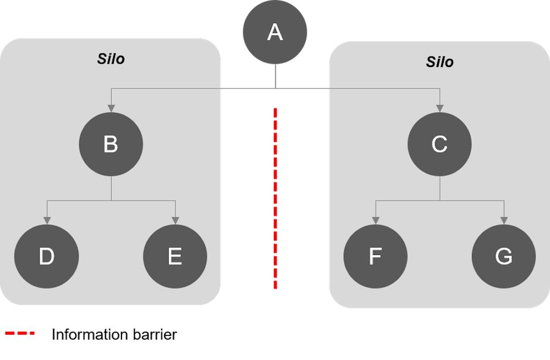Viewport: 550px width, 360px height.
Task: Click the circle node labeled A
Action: (x=275, y=32)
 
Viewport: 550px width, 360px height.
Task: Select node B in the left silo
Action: (x=111, y=144)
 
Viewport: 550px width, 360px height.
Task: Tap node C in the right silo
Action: (x=439, y=144)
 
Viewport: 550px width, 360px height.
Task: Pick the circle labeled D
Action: (x=47, y=256)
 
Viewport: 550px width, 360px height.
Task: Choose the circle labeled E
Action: (x=175, y=256)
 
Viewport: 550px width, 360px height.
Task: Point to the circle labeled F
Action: (x=375, y=256)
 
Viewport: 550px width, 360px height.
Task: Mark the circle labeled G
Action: (x=504, y=256)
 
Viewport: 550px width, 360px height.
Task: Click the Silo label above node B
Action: (x=111, y=59)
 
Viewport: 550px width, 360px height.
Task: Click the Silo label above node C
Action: (x=440, y=62)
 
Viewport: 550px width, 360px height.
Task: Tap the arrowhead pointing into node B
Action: (x=111, y=108)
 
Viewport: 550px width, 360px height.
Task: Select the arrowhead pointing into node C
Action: (x=440, y=108)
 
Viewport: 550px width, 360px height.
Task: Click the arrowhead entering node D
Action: (x=47, y=220)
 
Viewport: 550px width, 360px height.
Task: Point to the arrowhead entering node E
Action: (x=175, y=220)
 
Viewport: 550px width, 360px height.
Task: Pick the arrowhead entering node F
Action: (x=376, y=220)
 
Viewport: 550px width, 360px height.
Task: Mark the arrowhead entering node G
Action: (x=504, y=220)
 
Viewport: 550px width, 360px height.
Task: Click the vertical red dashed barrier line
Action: (x=276, y=198)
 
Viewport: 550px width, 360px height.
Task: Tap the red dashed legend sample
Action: (x=20, y=333)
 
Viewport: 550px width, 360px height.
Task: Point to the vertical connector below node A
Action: (x=276, y=76)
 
